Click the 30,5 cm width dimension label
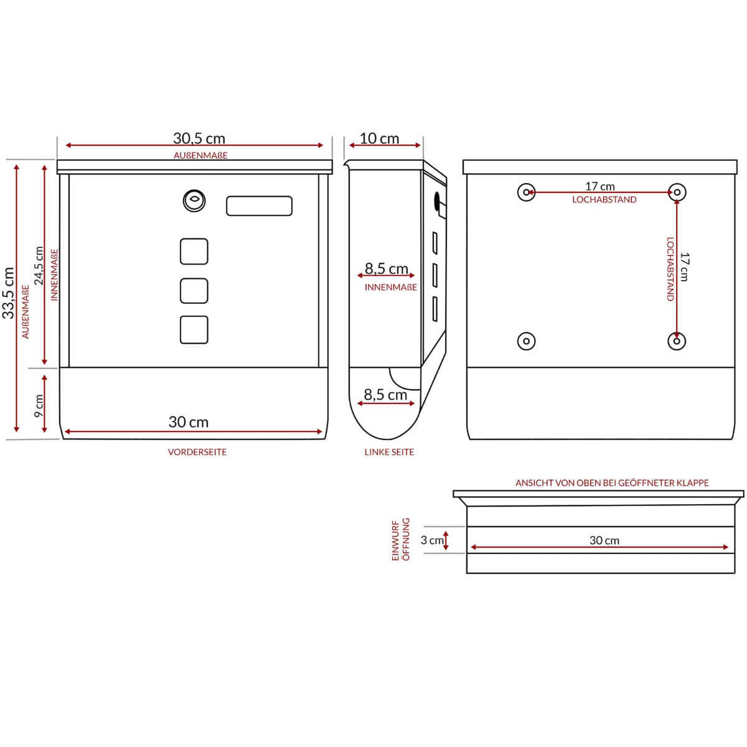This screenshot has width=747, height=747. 199,138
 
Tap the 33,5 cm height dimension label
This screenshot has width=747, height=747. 8,293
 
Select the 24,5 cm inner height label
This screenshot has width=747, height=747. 39,266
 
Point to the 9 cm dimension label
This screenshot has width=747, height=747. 39,405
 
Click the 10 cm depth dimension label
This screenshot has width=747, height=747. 379,138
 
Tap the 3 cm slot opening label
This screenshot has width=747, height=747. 432,540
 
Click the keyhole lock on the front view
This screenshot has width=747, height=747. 194,201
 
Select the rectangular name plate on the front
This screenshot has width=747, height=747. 259,206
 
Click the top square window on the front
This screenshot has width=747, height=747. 194,251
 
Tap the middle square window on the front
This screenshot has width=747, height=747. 194,291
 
